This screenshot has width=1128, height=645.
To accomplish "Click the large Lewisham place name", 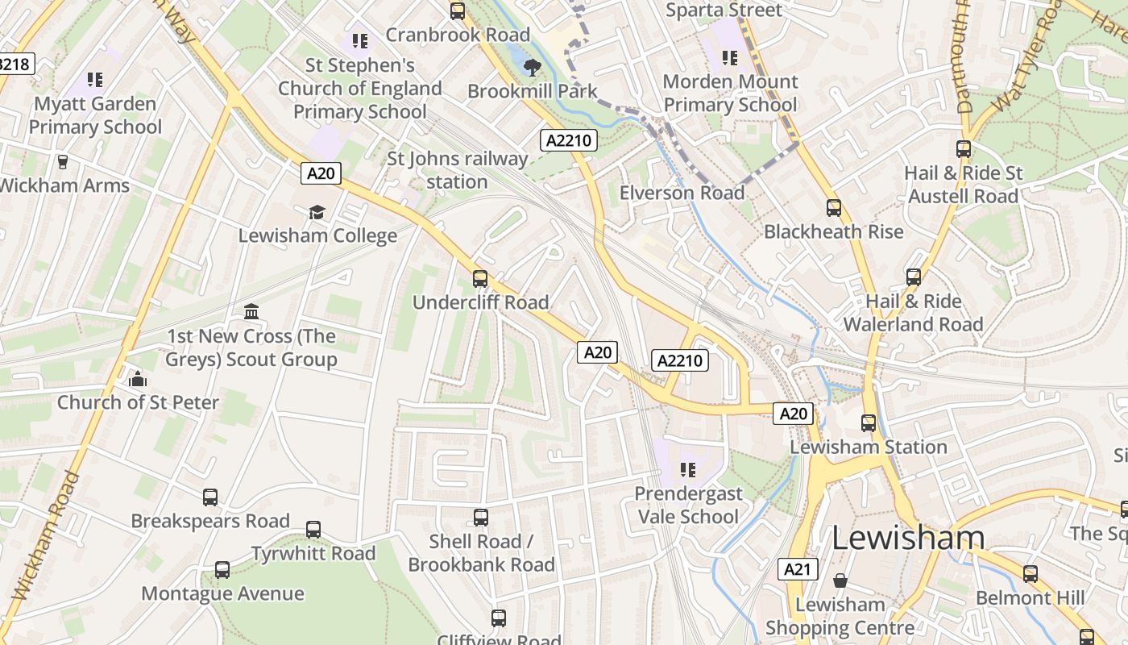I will point(908,538).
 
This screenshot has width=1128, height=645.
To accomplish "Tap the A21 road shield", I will point(798,569).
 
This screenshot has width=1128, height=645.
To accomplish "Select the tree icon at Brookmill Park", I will point(532,68).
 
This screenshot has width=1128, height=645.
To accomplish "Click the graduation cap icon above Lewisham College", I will point(317,212).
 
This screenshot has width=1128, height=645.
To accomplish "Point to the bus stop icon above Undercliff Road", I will point(480,279).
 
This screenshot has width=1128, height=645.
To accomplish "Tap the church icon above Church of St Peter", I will point(138,379).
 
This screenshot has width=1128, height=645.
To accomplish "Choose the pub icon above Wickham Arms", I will point(63,161).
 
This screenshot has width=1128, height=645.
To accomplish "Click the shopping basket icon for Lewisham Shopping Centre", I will point(840,580).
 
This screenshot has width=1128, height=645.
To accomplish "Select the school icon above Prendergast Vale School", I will point(687,469).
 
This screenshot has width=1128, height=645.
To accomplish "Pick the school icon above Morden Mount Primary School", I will point(730,58).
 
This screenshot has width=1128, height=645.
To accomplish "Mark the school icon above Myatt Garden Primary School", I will point(95,80).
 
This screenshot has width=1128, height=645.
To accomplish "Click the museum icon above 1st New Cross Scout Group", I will point(251,312).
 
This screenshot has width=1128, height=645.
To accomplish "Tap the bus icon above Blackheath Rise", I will point(834,208).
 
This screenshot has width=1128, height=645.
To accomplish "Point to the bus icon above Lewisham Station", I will point(869,422).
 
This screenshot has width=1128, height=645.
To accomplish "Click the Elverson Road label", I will point(682,193).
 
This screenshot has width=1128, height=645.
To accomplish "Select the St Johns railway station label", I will point(457,170).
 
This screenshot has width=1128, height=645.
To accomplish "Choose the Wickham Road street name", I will point(47,536).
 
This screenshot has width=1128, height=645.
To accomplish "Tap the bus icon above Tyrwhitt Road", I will point(313,530).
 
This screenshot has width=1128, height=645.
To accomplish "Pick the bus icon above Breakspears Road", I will point(210,497).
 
